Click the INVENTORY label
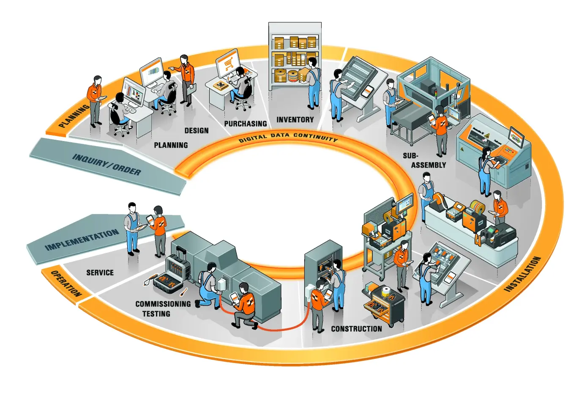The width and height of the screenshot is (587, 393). point(295,120)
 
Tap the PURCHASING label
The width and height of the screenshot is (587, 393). point(245,124)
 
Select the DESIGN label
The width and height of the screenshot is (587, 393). point(197,130)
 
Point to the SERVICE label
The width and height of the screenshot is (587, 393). point(100,273)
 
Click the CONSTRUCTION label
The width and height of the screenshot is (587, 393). point(356,329)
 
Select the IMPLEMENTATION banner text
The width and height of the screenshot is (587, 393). point(82,240)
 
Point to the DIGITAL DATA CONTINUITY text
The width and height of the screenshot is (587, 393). point(288,137)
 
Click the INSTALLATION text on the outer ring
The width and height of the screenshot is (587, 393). point(523,274)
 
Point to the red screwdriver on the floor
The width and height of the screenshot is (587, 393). point(183,292)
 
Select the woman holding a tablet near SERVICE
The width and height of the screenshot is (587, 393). point(159,230)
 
